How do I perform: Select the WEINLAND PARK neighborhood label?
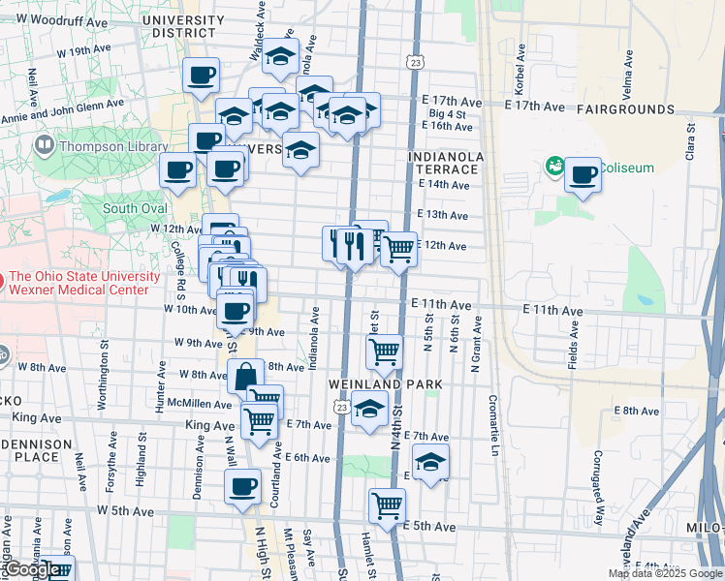point(385,384)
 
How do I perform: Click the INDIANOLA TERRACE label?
point(444,162)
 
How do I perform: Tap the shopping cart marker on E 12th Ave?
point(398,250)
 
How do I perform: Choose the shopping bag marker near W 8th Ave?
point(246,377)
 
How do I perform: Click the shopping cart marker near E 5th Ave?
point(387,505)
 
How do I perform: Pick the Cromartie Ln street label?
point(493,425)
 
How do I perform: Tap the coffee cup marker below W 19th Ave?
point(201,76)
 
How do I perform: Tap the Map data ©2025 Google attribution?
point(665,573)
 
